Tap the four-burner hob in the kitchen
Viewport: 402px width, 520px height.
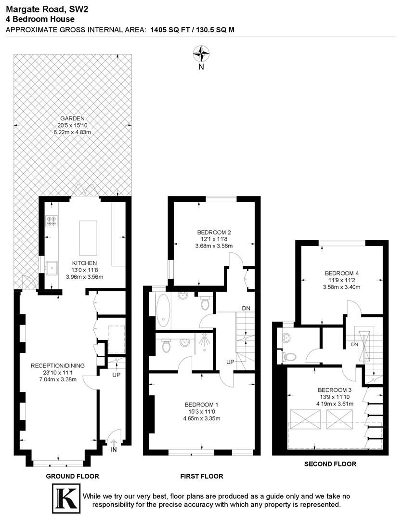(52, 221)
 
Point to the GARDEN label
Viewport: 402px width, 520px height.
(72, 118)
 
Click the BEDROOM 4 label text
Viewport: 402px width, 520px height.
(342, 273)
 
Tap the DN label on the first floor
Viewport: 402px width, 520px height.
(246, 308)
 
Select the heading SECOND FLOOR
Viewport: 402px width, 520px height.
(330, 464)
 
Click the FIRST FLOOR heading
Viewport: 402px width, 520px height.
(202, 476)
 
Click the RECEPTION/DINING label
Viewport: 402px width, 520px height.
(57, 365)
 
